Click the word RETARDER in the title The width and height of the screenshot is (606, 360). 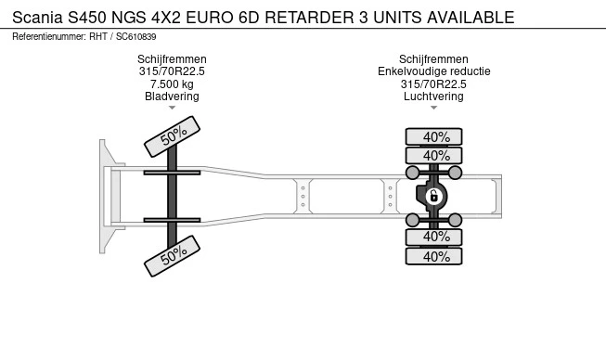(309, 18)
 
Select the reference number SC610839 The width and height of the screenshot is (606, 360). (136, 37)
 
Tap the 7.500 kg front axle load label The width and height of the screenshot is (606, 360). (172, 84)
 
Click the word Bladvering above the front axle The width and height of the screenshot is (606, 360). (172, 96)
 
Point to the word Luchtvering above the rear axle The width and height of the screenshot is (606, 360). (433, 96)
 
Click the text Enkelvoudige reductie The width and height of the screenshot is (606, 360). (434, 71)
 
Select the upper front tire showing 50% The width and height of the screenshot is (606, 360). (172, 136)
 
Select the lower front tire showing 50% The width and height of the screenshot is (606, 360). (172, 256)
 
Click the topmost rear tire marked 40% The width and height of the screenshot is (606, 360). (433, 136)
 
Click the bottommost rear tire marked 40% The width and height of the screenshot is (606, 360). (433, 256)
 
